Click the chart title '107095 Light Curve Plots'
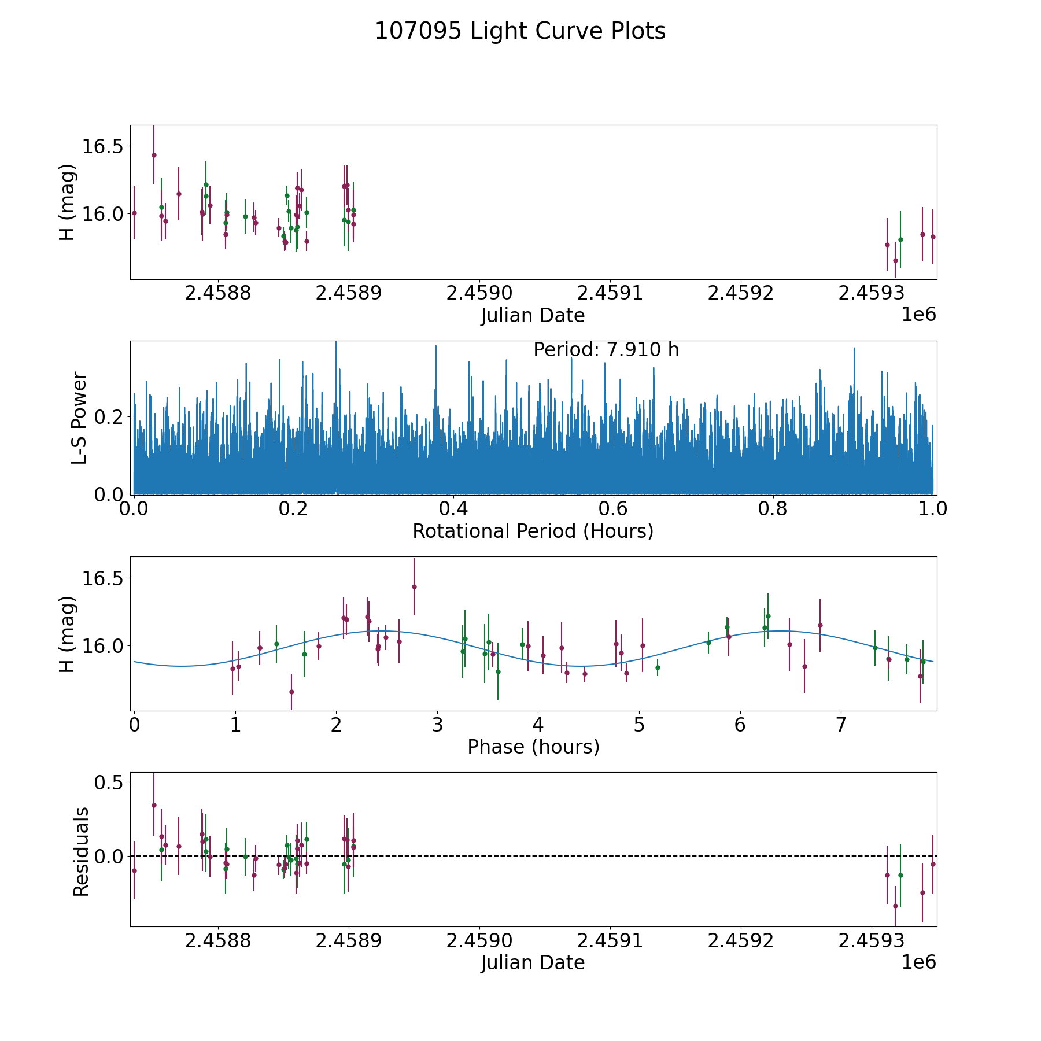(520, 31)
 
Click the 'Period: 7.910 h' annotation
(606, 350)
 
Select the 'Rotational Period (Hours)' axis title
(533, 531)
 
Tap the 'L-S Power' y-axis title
(80, 418)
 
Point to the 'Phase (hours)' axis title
(533, 747)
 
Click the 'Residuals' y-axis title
(81, 851)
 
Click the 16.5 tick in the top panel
(102, 146)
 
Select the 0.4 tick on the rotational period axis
(453, 509)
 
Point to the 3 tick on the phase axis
(437, 725)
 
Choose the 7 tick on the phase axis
(841, 725)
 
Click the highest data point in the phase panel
(414, 586)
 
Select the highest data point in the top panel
(154, 155)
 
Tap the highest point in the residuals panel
(154, 805)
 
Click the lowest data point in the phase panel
(291, 692)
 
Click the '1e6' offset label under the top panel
(918, 315)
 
